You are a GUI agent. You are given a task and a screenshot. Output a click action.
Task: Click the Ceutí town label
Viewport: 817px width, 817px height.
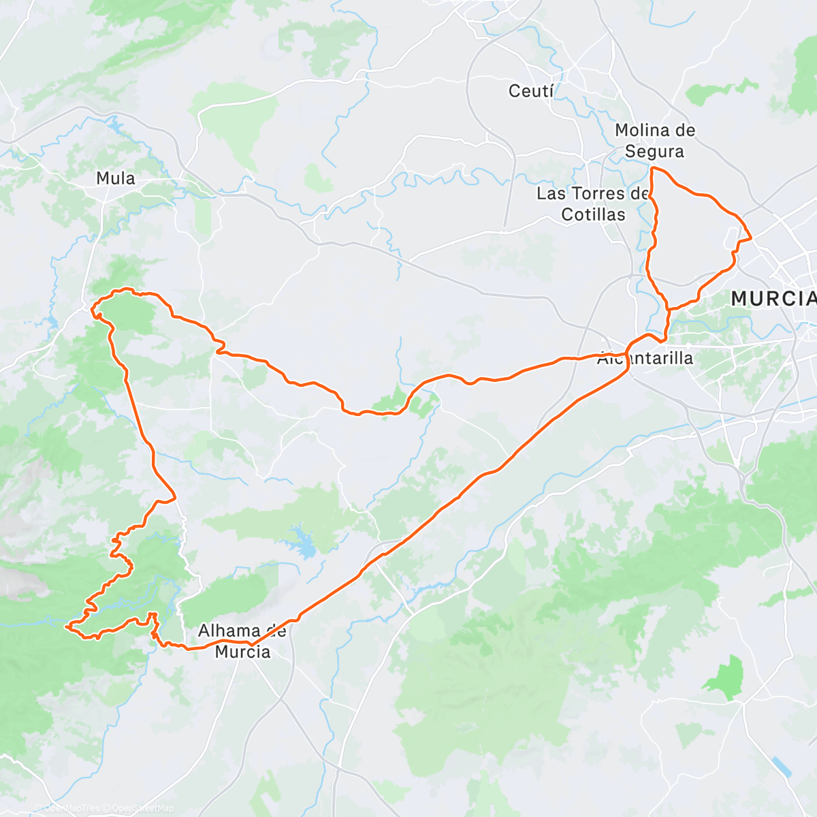(531, 91)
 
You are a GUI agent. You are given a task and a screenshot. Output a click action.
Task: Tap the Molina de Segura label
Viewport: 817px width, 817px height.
(654, 140)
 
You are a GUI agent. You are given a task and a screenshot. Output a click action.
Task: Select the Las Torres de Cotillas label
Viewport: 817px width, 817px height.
(592, 204)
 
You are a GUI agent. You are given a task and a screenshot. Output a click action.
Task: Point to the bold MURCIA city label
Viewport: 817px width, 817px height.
(773, 298)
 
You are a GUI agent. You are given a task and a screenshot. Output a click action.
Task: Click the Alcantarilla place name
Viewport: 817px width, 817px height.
(645, 358)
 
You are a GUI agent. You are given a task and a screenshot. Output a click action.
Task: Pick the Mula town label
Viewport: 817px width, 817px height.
(116, 178)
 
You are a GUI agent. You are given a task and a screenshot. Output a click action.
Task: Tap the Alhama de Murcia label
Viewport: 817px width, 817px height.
(242, 641)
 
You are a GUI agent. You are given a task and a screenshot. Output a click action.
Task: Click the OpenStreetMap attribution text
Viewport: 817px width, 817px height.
(143, 808)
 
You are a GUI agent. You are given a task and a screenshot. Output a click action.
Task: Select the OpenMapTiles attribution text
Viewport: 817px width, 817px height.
(71, 808)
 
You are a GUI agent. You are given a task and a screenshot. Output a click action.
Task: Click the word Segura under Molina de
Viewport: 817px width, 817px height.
(654, 151)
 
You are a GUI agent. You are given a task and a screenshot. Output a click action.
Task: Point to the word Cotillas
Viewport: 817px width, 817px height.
(593, 214)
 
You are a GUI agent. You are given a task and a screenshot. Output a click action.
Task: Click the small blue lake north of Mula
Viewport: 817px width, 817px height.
(114, 125)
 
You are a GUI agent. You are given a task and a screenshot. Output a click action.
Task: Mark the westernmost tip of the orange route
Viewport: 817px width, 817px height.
(67, 625)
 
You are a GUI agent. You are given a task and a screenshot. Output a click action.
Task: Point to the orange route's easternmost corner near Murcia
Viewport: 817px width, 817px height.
(751, 238)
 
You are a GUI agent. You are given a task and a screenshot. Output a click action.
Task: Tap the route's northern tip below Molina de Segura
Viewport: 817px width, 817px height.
(653, 167)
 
